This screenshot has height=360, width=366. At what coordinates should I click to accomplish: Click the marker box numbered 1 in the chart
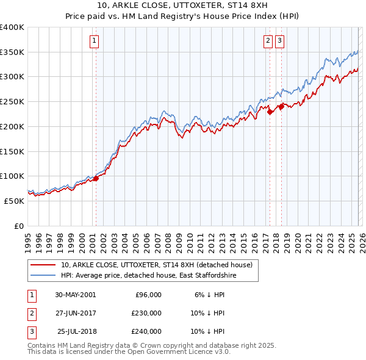[x=95, y=41]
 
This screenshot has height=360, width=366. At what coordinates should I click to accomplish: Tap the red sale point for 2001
[x=96, y=178]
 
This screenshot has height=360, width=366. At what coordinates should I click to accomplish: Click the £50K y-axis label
[x=14, y=201]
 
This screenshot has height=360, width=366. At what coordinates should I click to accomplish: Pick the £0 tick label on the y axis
[x=20, y=226]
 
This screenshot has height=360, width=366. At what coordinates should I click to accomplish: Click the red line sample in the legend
[x=43, y=265]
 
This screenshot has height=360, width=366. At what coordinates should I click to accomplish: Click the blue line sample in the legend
[x=43, y=276]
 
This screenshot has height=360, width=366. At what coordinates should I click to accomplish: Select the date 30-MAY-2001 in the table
[x=75, y=295]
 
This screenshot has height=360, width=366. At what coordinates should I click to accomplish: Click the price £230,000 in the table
[x=146, y=313]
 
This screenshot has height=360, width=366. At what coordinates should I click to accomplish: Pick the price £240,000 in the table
[x=146, y=331]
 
